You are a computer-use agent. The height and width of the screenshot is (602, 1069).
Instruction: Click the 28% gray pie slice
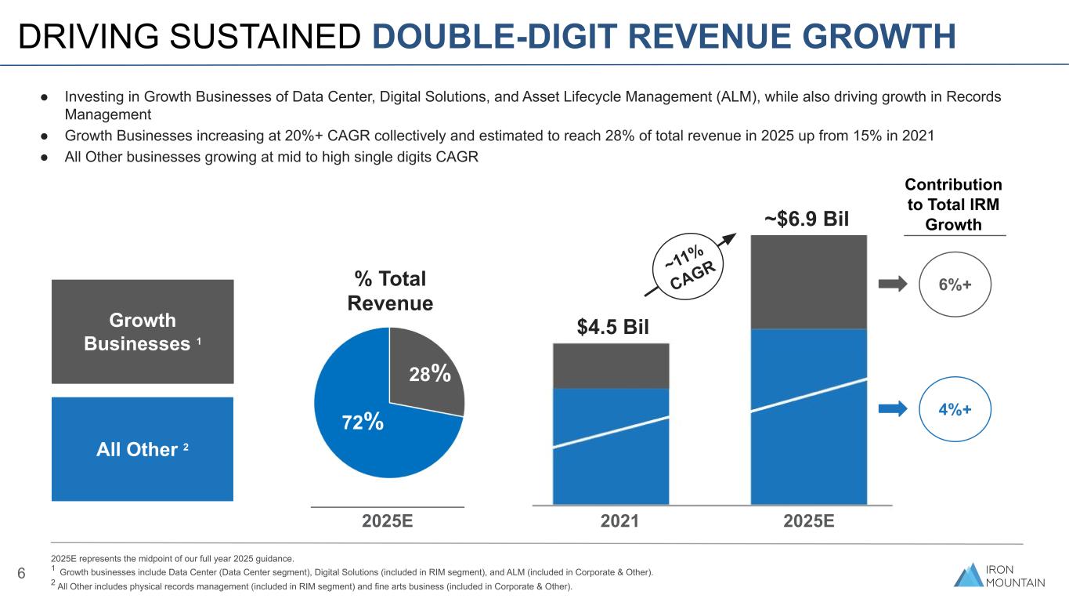pyautogui.click(x=427, y=368)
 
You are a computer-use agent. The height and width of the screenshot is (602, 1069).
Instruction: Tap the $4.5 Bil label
pyautogui.click(x=612, y=326)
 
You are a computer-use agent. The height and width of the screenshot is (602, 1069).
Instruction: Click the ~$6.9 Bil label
pyautogui.click(x=807, y=217)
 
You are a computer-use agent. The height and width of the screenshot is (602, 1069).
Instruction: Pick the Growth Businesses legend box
pyautogui.click(x=142, y=332)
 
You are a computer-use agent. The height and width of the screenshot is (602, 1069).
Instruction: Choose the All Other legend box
pyautogui.click(x=142, y=449)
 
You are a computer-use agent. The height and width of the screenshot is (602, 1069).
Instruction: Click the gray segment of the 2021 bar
pyautogui.click(x=611, y=366)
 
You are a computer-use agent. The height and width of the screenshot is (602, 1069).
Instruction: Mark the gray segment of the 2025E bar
pyautogui.click(x=808, y=282)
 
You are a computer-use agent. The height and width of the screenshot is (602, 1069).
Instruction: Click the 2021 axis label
pyautogui.click(x=613, y=522)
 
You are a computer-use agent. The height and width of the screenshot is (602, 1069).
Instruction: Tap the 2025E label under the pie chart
pyautogui.click(x=388, y=522)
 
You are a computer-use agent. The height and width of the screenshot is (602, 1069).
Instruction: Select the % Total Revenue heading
pyautogui.click(x=389, y=291)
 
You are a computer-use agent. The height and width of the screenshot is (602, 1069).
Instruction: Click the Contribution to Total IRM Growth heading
pyautogui.click(x=953, y=205)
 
